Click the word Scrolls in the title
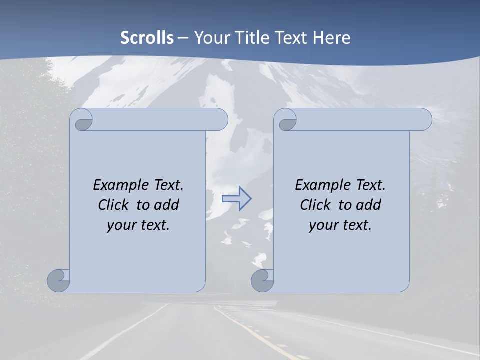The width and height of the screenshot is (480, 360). (147, 38)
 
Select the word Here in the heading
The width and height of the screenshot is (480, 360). (331, 38)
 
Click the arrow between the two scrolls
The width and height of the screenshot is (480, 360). (236, 198)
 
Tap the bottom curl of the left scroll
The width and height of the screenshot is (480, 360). (59, 280)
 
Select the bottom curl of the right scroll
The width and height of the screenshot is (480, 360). (263, 280)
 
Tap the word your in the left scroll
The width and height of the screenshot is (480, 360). (121, 225)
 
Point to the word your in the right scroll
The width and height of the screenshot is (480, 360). (324, 225)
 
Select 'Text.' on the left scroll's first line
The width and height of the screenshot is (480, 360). (168, 185)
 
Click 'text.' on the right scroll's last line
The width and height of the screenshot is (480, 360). (356, 225)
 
